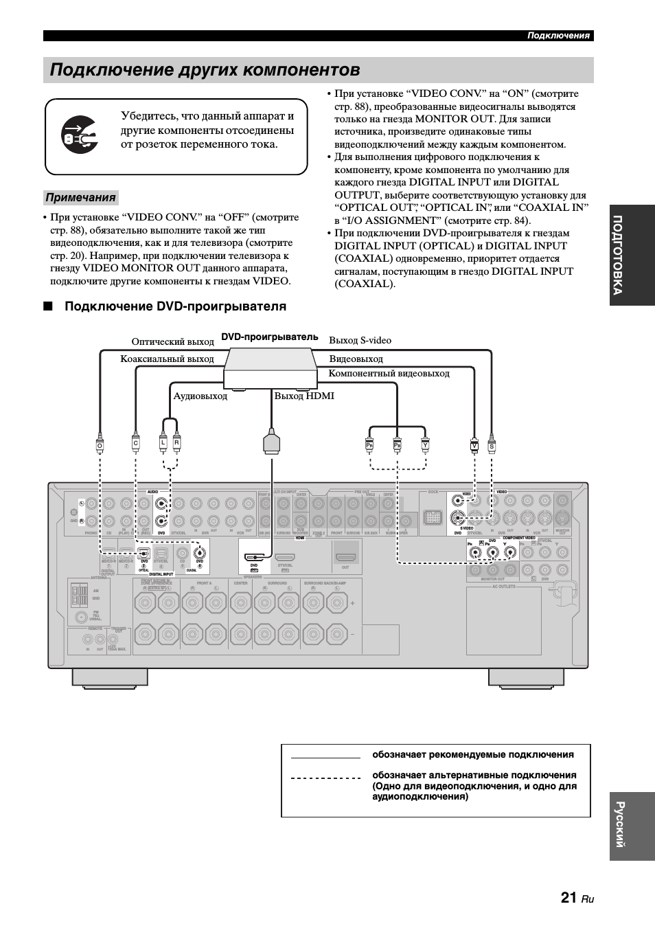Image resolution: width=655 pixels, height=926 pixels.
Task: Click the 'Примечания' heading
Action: coord(80,198)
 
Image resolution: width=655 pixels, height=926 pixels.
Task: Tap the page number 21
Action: coord(568,897)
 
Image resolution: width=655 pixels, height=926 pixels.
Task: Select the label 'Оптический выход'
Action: coord(172,341)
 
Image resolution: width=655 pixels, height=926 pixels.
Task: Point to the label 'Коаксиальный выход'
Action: coord(167,359)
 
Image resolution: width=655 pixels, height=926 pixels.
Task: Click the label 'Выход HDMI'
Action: coord(304,396)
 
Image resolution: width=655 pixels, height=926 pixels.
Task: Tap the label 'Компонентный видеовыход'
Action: coord(389,373)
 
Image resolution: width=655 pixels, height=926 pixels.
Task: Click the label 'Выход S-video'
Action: coord(360,340)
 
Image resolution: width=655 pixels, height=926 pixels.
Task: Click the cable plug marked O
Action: coord(100,443)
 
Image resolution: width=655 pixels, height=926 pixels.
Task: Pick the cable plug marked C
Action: coord(136,443)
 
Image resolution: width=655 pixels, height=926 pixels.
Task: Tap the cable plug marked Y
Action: coord(425,444)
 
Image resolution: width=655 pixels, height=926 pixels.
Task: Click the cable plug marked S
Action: coord(492,445)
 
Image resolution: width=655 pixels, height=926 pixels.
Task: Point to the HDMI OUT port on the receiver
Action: coord(345,555)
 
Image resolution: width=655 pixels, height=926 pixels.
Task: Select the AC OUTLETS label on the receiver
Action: coord(503,587)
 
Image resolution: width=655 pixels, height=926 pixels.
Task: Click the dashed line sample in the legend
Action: coord(325,778)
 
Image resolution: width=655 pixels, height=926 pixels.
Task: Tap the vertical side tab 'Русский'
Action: coord(631,826)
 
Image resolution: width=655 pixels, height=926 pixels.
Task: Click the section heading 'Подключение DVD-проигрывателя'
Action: coord(175,306)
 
